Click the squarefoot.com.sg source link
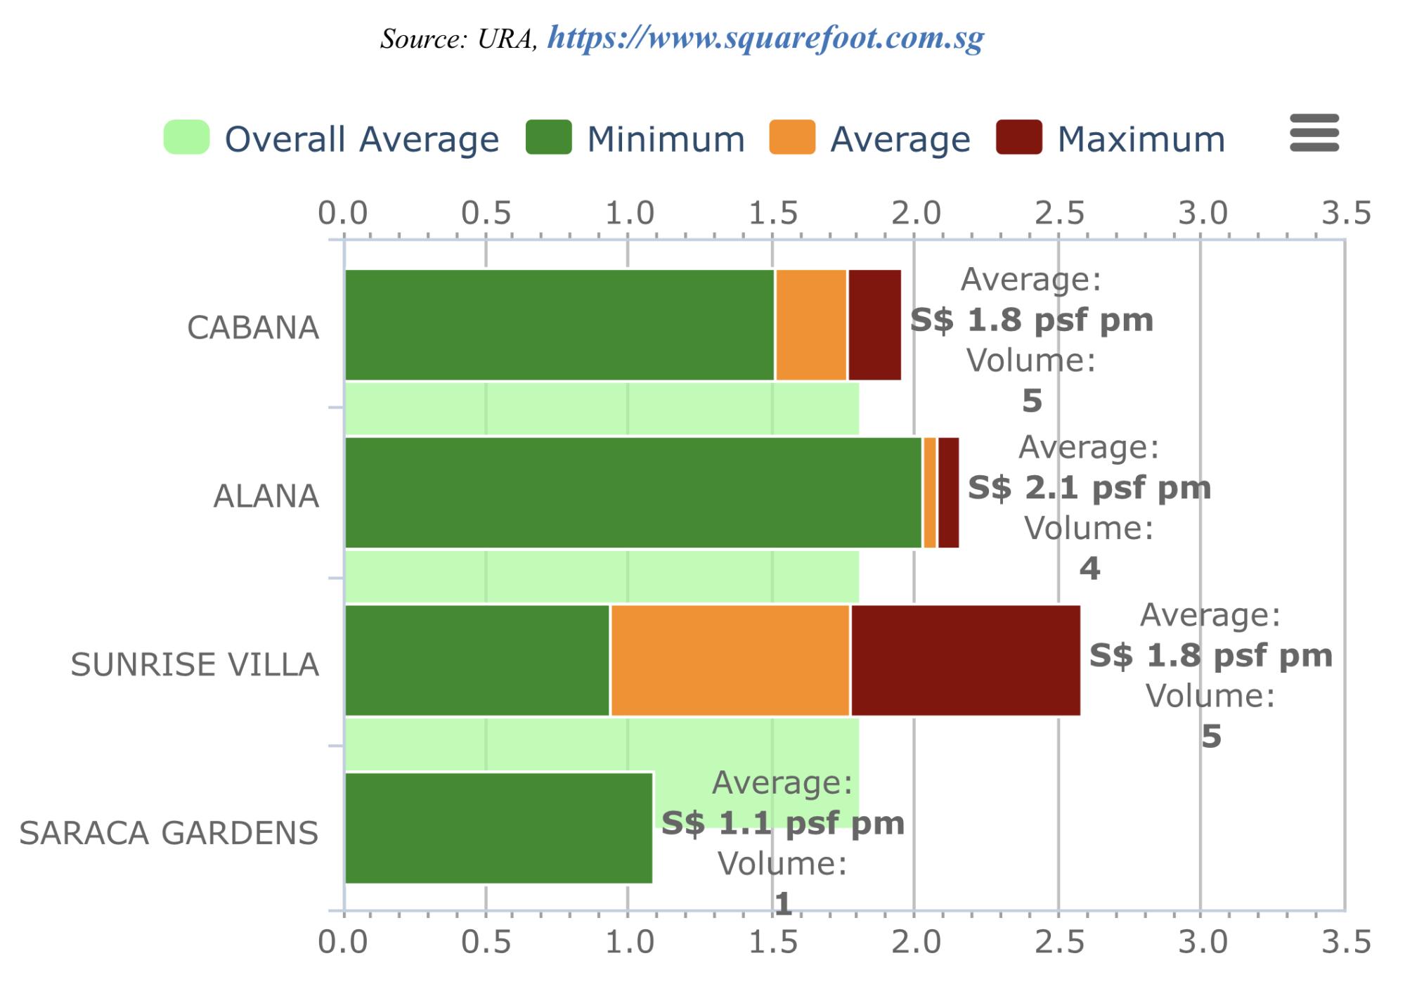(765, 39)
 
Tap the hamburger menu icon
(1314, 133)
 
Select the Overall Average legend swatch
(186, 137)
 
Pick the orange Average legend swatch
(792, 137)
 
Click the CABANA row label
(253, 328)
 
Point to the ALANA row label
(266, 496)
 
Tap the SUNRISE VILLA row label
(195, 664)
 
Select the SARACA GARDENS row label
(169, 833)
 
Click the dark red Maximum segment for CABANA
(875, 325)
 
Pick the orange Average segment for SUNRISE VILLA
(730, 660)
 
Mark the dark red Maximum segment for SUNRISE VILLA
(966, 660)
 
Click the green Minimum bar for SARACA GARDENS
(498, 828)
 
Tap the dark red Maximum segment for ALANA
(948, 492)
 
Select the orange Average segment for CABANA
(811, 325)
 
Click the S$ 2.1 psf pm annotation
(1089, 487)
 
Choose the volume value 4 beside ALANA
(1089, 568)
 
